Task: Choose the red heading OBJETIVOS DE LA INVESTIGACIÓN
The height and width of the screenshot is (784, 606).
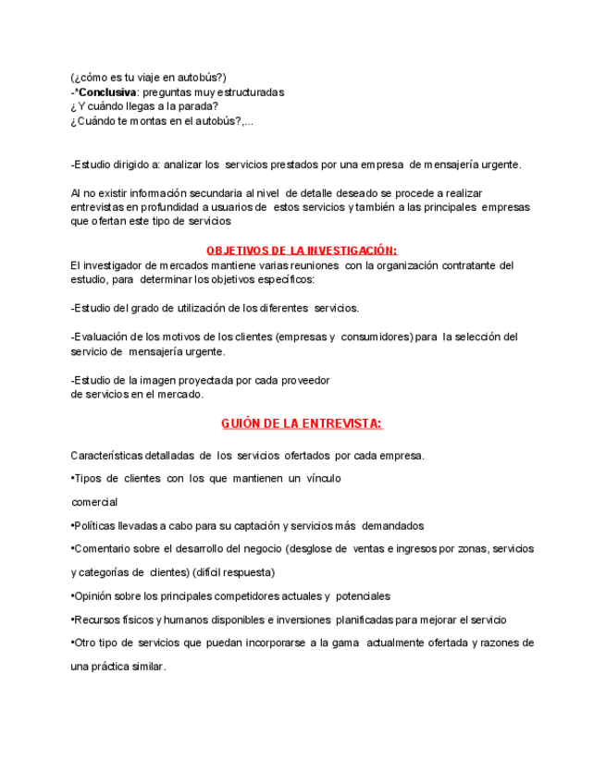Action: tap(302, 251)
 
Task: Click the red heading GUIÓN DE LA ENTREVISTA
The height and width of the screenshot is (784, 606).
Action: tap(302, 423)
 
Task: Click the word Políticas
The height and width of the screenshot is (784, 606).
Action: tap(96, 526)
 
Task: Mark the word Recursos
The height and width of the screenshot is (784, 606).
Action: tap(97, 619)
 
